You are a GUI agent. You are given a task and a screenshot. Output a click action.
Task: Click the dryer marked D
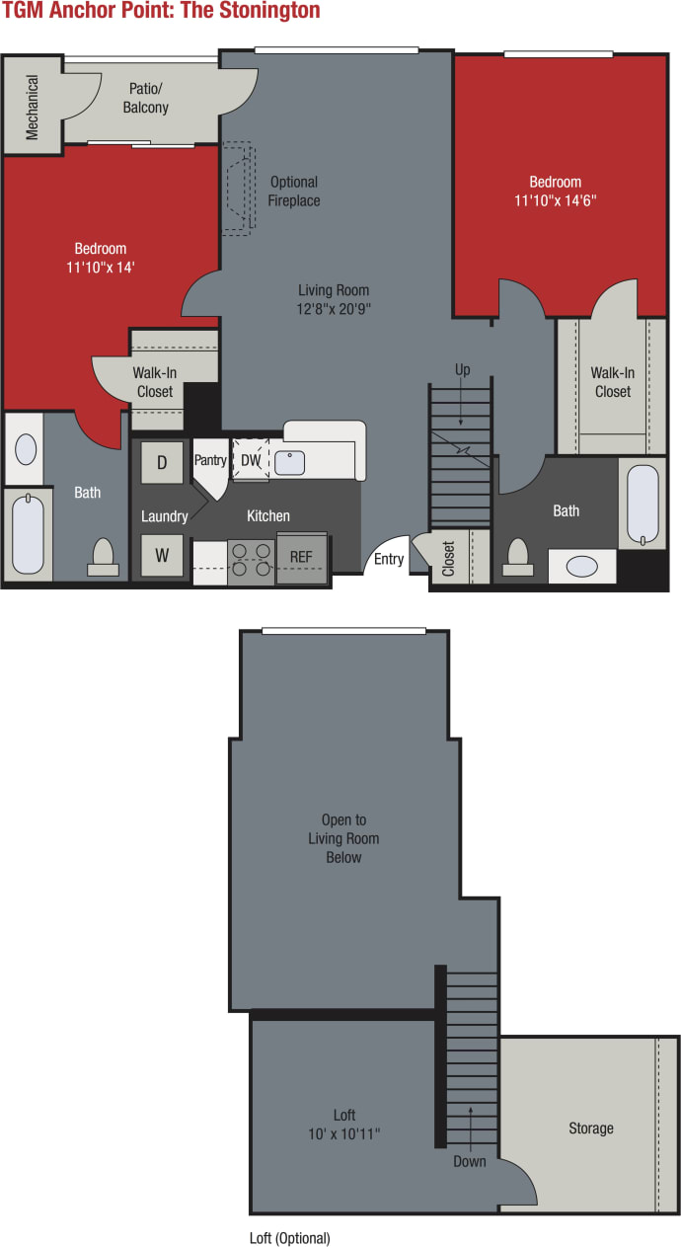tap(162, 461)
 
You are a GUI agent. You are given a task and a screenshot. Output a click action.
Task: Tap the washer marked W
tap(162, 555)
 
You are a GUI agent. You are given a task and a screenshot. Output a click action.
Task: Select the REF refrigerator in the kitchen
tap(301, 557)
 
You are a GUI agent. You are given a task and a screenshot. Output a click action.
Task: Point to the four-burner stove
tap(251, 561)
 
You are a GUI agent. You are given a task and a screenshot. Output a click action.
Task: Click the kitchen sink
tap(289, 462)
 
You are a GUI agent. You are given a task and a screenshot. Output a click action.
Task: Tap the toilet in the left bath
tap(103, 558)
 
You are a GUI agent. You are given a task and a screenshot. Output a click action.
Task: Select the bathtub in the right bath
tap(643, 504)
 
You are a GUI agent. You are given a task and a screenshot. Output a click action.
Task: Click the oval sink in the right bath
tap(581, 567)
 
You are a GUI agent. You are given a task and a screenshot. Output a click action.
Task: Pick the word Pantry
tap(210, 460)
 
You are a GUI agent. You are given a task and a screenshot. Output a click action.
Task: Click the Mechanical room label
tap(33, 108)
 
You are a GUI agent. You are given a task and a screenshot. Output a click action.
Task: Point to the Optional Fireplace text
tap(294, 192)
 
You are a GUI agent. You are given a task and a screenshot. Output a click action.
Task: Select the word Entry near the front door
tap(389, 560)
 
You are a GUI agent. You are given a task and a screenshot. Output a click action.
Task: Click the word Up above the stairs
tap(462, 370)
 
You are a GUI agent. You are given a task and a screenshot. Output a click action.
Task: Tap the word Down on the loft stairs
tap(470, 1161)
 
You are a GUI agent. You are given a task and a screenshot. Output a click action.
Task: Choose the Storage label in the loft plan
tap(590, 1128)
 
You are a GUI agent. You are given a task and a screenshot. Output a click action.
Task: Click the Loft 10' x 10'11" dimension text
tap(343, 1125)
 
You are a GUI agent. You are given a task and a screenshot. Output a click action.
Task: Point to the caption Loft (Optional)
tap(290, 1238)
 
